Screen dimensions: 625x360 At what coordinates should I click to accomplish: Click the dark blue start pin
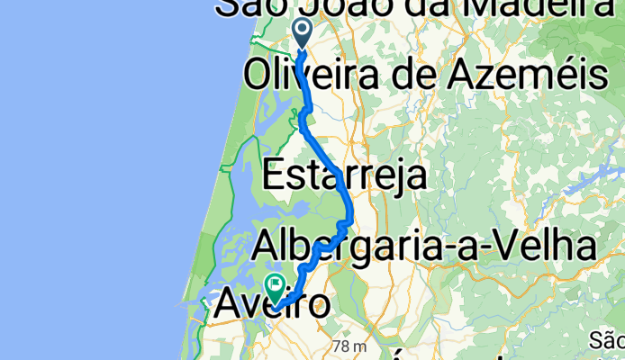(302, 33)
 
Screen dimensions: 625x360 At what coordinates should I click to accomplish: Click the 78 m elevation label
(349, 346)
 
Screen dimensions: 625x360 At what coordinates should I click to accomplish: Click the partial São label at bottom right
(608, 340)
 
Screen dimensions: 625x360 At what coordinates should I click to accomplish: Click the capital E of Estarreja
(273, 175)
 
